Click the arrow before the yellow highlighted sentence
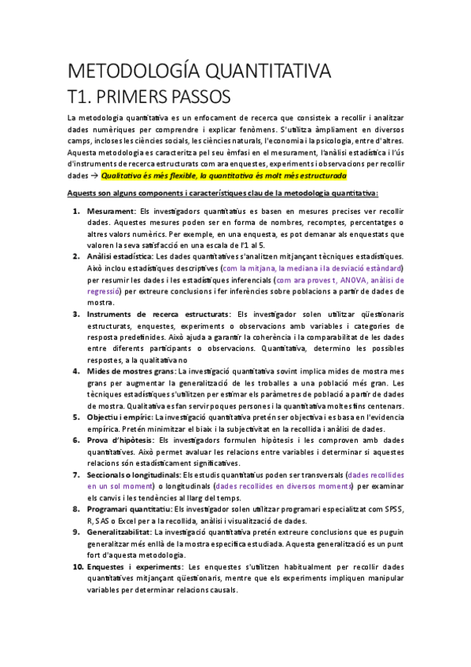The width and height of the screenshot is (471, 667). [94, 175]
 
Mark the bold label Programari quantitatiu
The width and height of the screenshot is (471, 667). [128, 509]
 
